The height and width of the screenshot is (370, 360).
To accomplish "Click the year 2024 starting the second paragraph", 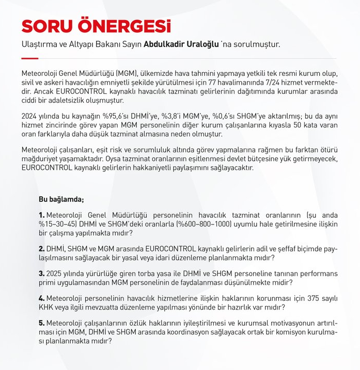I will click(30, 117).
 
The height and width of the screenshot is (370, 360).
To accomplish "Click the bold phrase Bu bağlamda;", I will click(61, 199).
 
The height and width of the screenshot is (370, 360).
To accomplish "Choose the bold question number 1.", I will click(42, 214).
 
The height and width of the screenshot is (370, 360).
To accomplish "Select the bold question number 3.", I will click(42, 273).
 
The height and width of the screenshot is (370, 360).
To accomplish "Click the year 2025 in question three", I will click(55, 273).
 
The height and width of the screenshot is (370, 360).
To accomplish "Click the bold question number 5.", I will click(42, 324).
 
